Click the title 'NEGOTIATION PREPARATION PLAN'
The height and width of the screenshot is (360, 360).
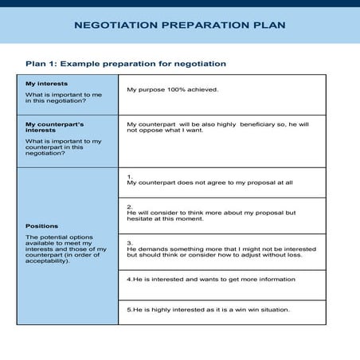(179, 25)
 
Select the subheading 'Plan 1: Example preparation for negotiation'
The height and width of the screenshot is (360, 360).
(126, 64)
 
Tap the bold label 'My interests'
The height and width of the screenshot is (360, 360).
(46, 84)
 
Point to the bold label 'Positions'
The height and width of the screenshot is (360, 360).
(41, 225)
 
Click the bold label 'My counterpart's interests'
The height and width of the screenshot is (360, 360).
(54, 127)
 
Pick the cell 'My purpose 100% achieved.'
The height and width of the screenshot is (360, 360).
(172, 90)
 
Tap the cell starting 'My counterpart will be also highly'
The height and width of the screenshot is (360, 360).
(217, 127)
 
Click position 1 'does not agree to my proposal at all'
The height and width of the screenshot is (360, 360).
(210, 182)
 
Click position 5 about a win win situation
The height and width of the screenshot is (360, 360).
(209, 309)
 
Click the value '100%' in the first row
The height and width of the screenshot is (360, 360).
(174, 90)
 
